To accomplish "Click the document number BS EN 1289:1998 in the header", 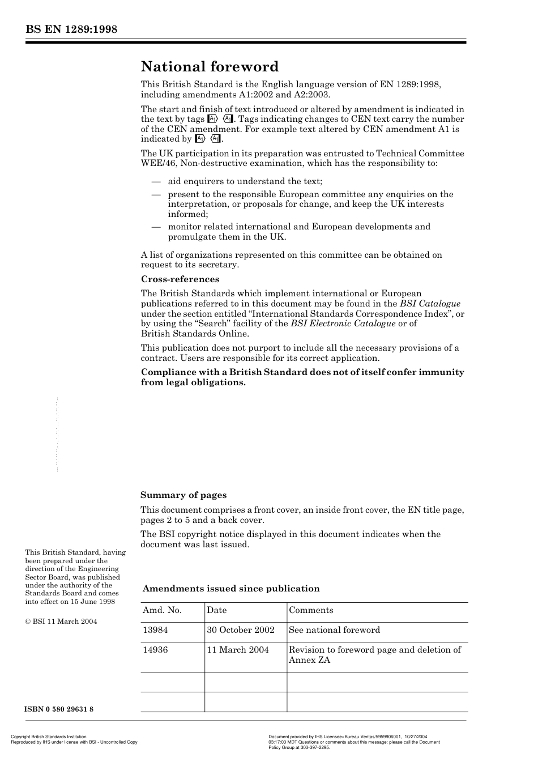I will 71,29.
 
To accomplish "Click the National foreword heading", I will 210,67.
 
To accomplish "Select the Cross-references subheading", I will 180,279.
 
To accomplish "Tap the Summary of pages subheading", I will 183,495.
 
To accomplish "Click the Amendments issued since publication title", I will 231,589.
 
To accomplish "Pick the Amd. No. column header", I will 162,610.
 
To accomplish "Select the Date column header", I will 216,610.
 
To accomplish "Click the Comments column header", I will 311,610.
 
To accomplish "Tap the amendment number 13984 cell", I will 155,630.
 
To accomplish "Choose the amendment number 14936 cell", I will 155,650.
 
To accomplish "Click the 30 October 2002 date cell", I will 241,630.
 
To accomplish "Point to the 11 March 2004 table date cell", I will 238,650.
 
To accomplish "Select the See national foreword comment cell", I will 334,630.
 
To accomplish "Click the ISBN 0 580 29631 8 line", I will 59,709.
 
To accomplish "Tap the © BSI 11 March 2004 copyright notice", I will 61,621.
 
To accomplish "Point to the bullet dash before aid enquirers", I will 156,181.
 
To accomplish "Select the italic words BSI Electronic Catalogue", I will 343,323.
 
